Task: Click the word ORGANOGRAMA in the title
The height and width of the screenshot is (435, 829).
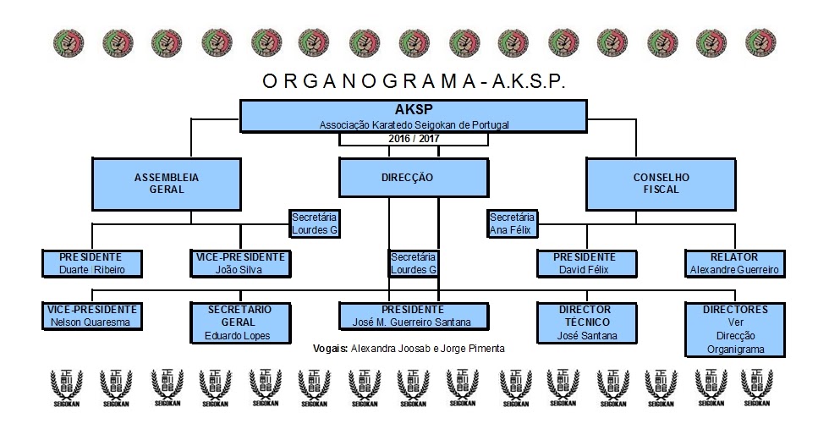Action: [369, 81]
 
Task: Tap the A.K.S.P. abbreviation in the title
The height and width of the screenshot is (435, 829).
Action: [529, 81]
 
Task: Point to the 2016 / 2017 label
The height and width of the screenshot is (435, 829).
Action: [414, 139]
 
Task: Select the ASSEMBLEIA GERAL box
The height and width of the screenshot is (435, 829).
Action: [167, 184]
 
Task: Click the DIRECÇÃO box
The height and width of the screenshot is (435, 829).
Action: [414, 178]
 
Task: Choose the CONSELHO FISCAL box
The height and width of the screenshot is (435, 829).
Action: [661, 184]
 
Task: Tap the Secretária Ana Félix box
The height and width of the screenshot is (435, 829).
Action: [512, 223]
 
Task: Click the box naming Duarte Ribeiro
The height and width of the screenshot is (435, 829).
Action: [92, 263]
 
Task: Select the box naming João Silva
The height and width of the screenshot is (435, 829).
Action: [240, 263]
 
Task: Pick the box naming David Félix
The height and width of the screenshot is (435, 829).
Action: [587, 263]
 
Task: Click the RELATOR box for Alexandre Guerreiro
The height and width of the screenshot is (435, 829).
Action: [735, 263]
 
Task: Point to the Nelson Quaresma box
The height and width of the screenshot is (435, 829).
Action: [92, 316]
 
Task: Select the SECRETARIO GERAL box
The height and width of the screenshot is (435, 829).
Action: [240, 322]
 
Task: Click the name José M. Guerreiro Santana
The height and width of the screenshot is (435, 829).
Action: [412, 322]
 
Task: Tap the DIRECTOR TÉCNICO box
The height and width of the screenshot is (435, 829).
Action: [587, 322]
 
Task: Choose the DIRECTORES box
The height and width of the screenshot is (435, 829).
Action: [735, 330]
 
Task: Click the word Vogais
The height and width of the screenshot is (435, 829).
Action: [331, 349]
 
